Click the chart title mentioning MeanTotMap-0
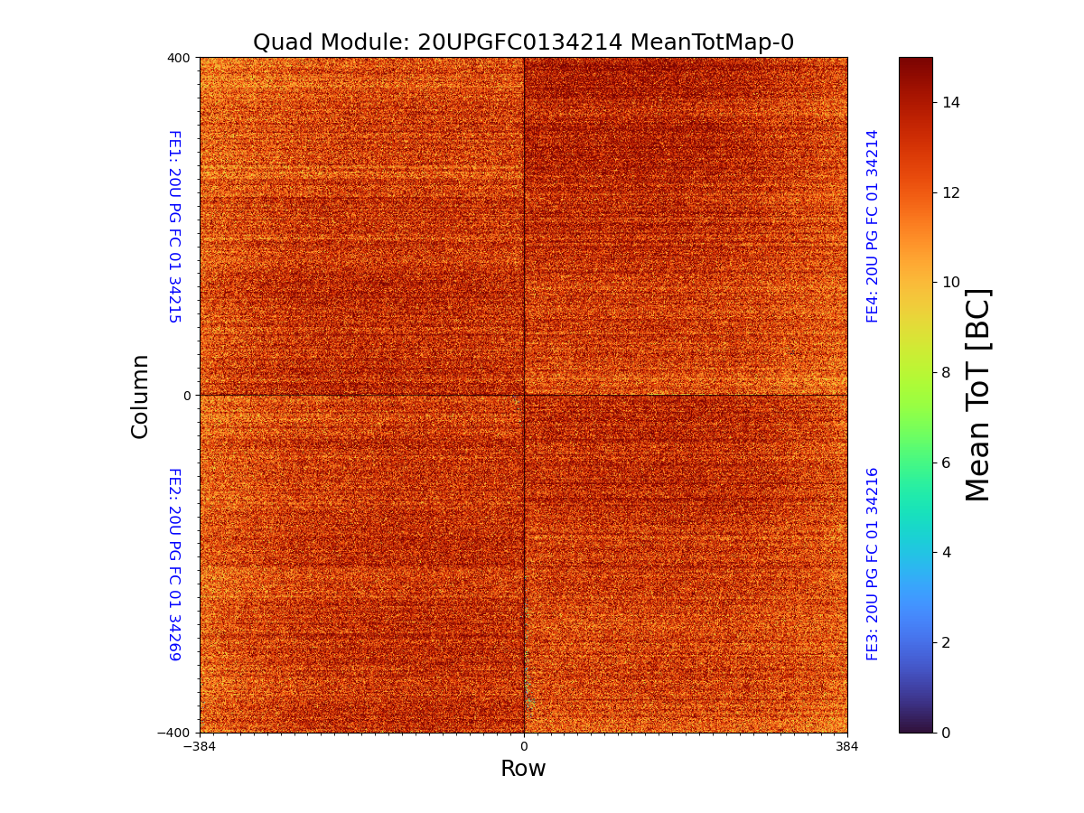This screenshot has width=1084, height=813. pyautogui.click(x=523, y=42)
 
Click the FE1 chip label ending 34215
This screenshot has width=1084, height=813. pyautogui.click(x=174, y=226)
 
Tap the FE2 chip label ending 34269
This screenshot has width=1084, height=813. pyautogui.click(x=174, y=564)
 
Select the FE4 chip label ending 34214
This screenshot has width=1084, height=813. pyautogui.click(x=873, y=226)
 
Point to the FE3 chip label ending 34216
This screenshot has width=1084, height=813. pyautogui.click(x=873, y=564)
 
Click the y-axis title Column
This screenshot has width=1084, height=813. pyautogui.click(x=140, y=396)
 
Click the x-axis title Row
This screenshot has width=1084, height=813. pyautogui.click(x=523, y=769)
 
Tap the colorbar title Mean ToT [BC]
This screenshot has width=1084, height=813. pyautogui.click(x=978, y=395)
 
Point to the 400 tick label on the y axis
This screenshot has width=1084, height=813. pyautogui.click(x=179, y=58)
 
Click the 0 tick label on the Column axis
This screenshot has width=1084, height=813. pyautogui.click(x=187, y=396)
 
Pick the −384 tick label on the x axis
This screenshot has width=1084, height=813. pyautogui.click(x=200, y=747)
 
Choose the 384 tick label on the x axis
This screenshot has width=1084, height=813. pyautogui.click(x=847, y=747)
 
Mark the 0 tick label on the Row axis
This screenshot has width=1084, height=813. pyautogui.click(x=524, y=747)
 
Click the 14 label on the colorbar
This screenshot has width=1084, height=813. pyautogui.click(x=951, y=102)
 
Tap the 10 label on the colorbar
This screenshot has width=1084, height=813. pyautogui.click(x=951, y=282)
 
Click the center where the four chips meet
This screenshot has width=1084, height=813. pyautogui.click(x=524, y=395)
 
